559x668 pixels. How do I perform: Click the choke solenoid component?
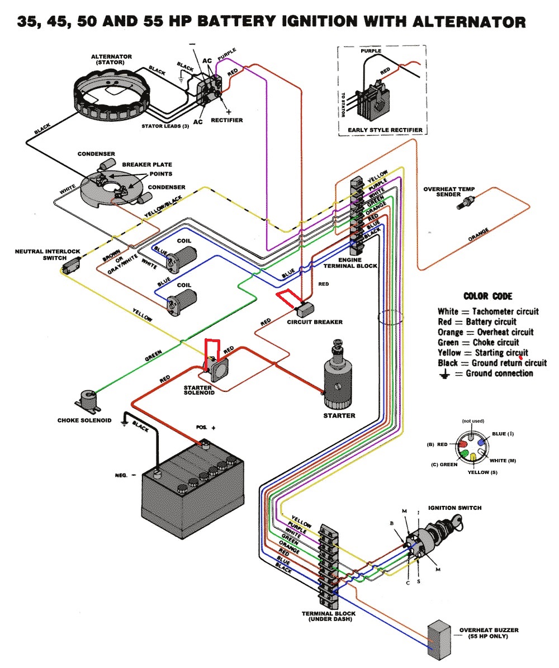coord(88,400)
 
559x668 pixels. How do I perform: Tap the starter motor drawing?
coord(338,375)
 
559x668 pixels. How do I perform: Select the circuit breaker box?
coord(305,307)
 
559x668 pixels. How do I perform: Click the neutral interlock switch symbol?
coord(71,265)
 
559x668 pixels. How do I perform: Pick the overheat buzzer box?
coord(439,639)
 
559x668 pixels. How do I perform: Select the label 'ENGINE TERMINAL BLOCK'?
coord(350,263)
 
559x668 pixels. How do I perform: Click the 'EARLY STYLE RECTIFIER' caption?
coord(385,130)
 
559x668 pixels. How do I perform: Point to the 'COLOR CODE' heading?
coord(488,296)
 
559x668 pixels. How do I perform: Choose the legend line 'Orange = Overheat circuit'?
coord(485,332)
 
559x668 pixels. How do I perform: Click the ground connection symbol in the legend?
coord(444,374)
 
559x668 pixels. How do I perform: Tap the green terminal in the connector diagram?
coord(464,453)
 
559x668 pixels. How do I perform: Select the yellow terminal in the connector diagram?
coord(473,457)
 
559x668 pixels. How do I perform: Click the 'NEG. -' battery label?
coord(125,475)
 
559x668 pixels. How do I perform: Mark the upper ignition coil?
coord(181,257)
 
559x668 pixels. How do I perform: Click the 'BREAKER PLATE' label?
coord(147,164)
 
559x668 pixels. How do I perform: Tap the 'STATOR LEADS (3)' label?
coord(165,126)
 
